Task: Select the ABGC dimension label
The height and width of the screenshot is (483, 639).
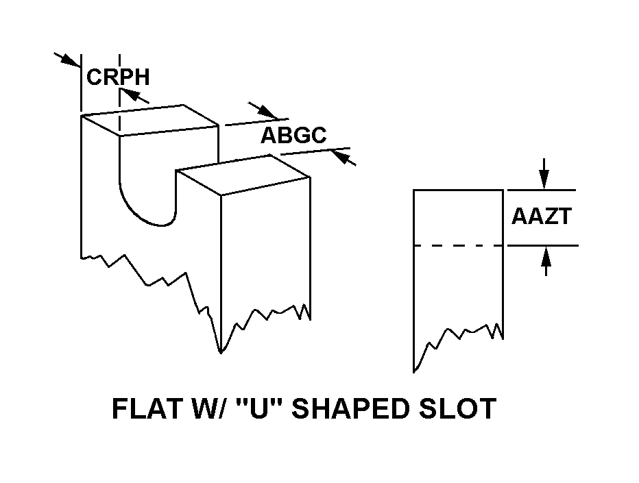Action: [x=293, y=136]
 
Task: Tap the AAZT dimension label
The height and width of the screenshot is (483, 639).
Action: [x=541, y=217]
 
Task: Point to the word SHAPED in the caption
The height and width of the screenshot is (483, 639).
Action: [x=361, y=409]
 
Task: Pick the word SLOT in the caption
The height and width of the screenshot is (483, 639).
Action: [x=462, y=409]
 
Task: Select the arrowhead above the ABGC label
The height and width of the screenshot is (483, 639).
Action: [x=267, y=112]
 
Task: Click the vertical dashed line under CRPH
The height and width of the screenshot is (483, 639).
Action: [x=120, y=103]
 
